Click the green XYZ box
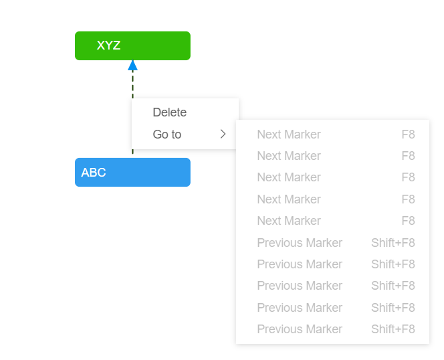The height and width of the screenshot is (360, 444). point(132,46)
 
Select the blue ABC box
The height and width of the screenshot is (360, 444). point(132,172)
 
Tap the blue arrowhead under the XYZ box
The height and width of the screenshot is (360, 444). point(132,65)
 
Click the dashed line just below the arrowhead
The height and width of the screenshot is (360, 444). point(132,84)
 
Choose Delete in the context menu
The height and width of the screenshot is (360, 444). point(170,112)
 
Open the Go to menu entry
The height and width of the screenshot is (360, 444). point(167,134)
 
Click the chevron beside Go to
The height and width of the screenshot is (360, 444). point(223,134)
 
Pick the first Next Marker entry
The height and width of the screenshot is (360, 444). point(289,134)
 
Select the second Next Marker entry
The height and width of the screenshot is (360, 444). point(289,156)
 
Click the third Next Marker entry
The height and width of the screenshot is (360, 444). point(289,177)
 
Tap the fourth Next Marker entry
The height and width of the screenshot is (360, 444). point(289,199)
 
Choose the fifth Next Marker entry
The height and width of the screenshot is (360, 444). point(289,221)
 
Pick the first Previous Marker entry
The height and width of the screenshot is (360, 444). point(300,243)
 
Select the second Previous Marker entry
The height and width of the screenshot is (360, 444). point(300,264)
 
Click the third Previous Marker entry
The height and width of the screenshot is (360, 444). point(300,286)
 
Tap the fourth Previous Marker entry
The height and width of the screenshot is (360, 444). point(300,308)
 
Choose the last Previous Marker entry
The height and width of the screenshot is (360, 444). point(300,329)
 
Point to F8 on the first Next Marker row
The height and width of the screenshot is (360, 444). point(408,134)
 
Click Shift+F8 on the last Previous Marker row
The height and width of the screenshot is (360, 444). point(393,329)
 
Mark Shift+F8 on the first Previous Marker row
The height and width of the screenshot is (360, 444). point(393,243)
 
